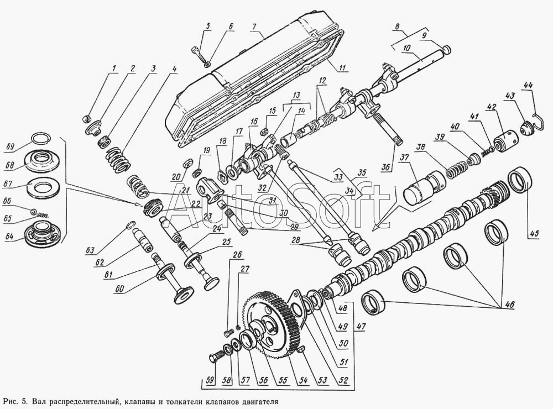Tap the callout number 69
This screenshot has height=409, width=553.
(x=11, y=146)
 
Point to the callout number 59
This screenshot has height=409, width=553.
(x=210, y=381)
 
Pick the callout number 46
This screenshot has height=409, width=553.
(x=510, y=303)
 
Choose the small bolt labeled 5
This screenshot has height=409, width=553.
(x=199, y=54)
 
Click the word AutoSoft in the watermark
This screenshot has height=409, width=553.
(x=275, y=207)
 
